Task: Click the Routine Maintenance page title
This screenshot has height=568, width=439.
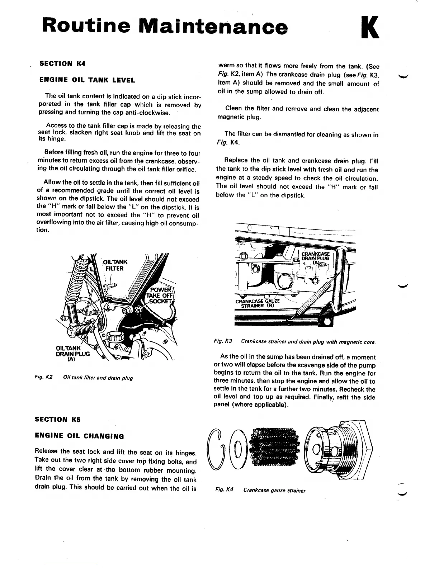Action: (165, 27)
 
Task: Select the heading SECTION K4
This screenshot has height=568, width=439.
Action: (62, 64)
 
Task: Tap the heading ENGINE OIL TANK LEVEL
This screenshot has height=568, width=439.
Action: (87, 80)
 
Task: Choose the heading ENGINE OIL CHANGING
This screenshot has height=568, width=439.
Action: (79, 436)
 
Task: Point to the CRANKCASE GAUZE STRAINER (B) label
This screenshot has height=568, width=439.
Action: (257, 303)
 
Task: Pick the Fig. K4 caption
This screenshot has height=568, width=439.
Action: (260, 490)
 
